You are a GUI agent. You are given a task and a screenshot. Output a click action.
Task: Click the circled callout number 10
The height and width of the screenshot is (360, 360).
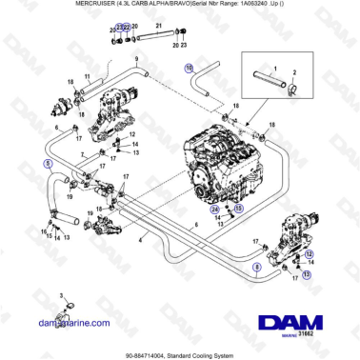[x=189, y=68]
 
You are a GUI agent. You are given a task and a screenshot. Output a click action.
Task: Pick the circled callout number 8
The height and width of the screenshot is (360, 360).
[x=255, y=270]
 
